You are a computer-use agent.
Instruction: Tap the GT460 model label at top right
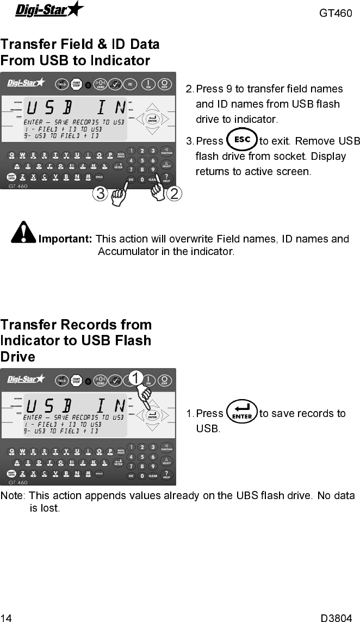coord(336,13)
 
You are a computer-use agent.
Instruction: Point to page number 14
coord(7,618)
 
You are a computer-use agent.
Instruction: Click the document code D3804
coord(336,618)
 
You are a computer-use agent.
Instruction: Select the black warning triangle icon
coord(23,232)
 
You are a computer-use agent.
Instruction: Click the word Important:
coord(65,239)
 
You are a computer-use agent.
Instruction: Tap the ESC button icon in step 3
coord(241,140)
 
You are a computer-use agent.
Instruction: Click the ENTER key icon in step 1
coord(241,413)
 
